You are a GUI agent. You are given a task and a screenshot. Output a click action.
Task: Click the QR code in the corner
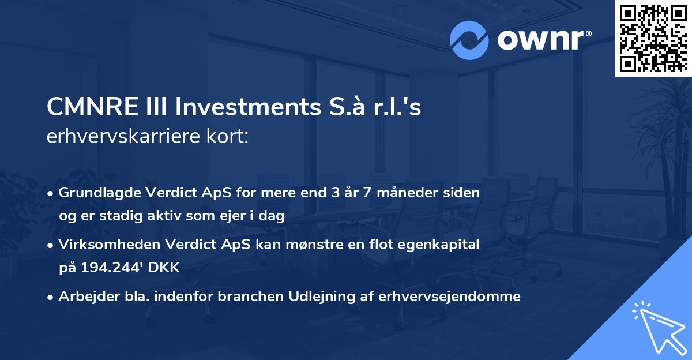pyautogui.click(x=653, y=39)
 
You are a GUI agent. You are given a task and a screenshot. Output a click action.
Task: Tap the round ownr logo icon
pyautogui.click(x=469, y=40)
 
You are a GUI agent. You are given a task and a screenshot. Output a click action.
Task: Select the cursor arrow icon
pyautogui.click(x=657, y=327)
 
